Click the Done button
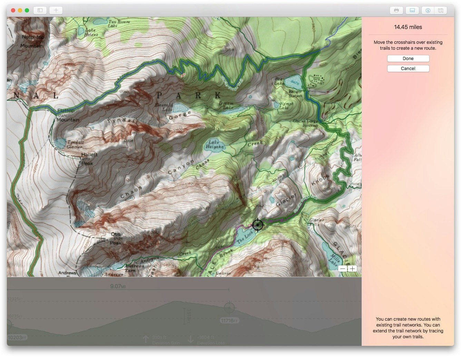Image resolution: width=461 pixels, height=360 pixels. click(x=408, y=59)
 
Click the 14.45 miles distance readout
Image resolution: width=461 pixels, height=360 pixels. click(x=408, y=27)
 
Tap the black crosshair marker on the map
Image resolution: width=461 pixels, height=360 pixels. click(x=257, y=225)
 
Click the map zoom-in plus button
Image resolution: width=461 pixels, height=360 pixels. click(x=352, y=269)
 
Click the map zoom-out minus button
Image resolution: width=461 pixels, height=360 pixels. click(x=343, y=269)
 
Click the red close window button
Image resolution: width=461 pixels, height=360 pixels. click(x=13, y=10)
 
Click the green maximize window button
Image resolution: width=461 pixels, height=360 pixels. click(x=27, y=10)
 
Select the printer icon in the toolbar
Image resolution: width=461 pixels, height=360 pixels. click(x=396, y=10)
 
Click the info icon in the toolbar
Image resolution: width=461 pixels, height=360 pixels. click(x=428, y=10)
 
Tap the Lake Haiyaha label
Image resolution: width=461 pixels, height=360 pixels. click(x=214, y=144)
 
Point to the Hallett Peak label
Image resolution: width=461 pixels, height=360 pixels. click(x=89, y=159)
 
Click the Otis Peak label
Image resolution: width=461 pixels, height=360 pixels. click(x=116, y=238)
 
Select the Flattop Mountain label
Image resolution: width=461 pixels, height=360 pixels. click(x=67, y=115)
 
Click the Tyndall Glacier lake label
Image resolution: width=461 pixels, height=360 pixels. click(x=75, y=144)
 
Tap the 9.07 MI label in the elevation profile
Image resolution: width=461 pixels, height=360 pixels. click(x=118, y=286)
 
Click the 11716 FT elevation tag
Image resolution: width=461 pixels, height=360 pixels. click(x=229, y=321)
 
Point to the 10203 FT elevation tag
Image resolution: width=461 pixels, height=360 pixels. click(x=17, y=338)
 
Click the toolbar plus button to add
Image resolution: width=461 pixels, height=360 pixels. click(x=56, y=10)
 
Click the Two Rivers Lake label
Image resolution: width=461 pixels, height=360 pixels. click(x=119, y=23)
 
